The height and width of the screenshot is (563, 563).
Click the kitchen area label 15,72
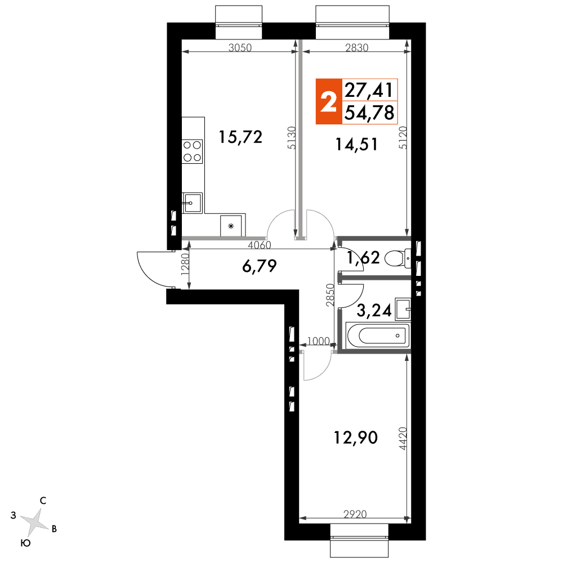(240, 137)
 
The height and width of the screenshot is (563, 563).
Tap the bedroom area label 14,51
(356, 144)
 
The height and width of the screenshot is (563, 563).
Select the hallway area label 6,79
(259, 266)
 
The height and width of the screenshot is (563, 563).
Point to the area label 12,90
(356, 437)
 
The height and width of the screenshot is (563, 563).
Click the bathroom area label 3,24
(374, 311)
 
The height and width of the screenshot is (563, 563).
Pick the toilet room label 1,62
(363, 258)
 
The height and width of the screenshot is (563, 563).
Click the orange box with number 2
(329, 101)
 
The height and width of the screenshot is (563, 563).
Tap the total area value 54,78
(369, 113)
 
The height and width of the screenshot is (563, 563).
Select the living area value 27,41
(369, 90)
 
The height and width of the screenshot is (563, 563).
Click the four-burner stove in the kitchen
(192, 151)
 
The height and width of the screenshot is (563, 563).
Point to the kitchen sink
(192, 203)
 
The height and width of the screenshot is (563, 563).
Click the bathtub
(378, 336)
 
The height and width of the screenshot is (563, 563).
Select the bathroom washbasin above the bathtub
(403, 309)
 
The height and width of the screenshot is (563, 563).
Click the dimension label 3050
(240, 48)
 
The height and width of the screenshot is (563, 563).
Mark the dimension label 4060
(260, 245)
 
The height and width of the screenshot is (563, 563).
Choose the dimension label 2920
(355, 514)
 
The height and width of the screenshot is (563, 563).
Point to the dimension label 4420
(403, 439)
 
